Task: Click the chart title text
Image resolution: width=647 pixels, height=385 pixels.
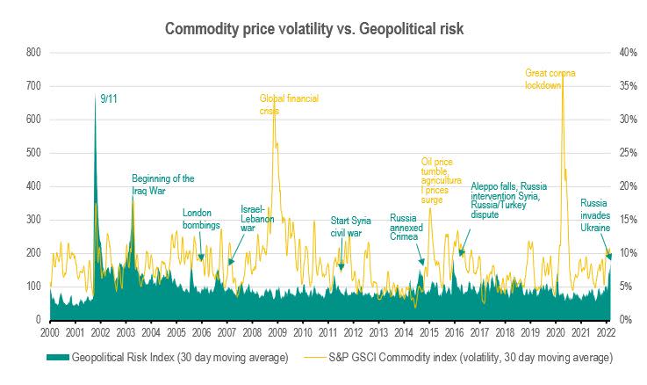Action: [323, 29]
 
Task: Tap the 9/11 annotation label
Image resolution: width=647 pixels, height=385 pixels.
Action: [109, 99]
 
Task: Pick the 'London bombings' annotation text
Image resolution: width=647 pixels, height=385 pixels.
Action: [202, 218]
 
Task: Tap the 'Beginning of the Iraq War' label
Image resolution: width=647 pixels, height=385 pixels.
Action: [162, 184]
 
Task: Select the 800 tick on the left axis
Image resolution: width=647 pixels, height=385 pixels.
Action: [33, 53]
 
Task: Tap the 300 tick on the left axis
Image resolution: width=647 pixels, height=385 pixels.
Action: [33, 220]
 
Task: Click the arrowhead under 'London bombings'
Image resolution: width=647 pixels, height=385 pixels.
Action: [201, 258]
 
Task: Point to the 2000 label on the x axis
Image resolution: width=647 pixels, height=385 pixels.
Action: [49, 333]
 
